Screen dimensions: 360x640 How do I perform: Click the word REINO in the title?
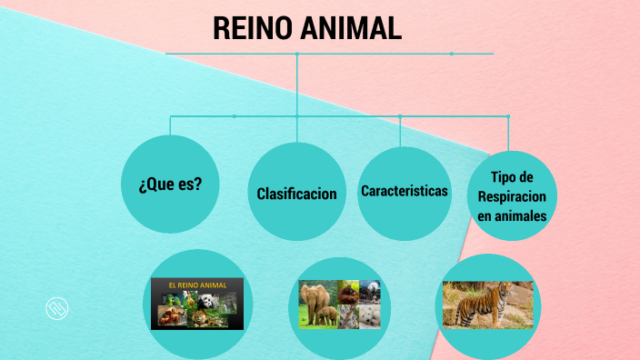click(250, 28)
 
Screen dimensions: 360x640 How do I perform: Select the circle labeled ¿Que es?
click(170, 183)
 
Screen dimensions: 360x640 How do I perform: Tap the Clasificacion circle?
click(297, 194)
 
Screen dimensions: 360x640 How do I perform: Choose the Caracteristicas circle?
click(405, 192)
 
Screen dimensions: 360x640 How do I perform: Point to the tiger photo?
click(487, 304)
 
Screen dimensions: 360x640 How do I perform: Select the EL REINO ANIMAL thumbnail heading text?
click(196, 285)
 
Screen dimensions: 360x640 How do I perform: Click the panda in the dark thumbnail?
click(207, 301)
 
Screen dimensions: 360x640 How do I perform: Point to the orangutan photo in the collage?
click(348, 294)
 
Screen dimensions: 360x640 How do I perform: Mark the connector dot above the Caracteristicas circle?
click(400, 116)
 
